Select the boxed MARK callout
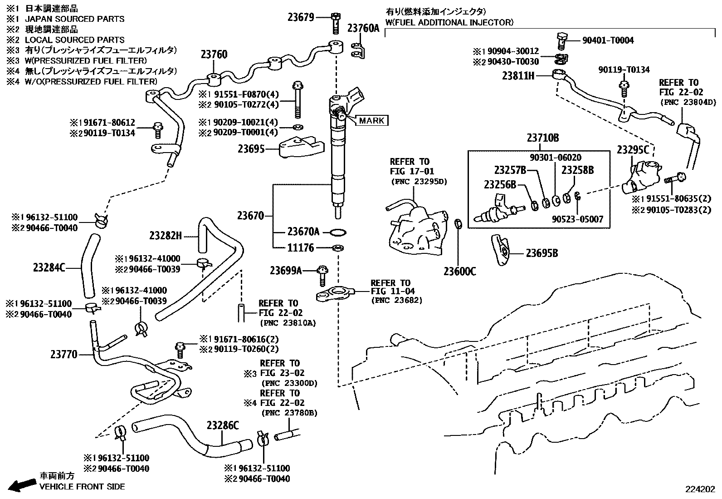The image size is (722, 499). click(372, 120)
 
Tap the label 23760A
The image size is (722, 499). click(363, 28)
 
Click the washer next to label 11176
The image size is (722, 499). click(337, 248)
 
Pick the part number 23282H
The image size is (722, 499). click(166, 235)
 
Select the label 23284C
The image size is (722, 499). click(49, 268)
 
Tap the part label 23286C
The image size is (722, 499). click(222, 425)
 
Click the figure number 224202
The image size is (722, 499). click(700, 489)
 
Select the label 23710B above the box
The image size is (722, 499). click(542, 138)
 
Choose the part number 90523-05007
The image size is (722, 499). click(577, 219)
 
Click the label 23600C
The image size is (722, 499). click(459, 272)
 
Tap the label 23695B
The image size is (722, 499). click(541, 253)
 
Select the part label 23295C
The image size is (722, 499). click(633, 149)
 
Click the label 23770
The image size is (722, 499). click(63, 354)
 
